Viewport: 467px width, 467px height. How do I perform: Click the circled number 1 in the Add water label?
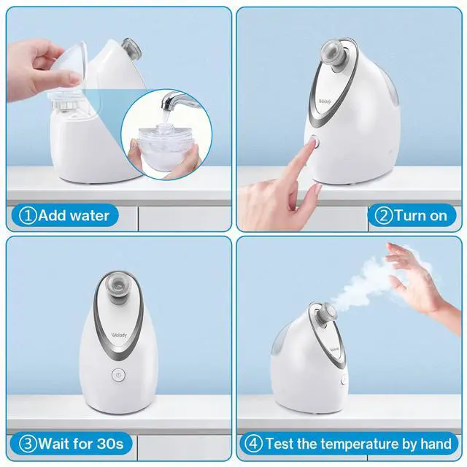point(28,215)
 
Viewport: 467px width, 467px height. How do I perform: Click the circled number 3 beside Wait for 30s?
point(28,444)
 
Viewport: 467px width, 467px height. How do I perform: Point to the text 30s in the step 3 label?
point(110,444)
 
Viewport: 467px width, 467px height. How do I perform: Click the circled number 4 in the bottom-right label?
point(253,444)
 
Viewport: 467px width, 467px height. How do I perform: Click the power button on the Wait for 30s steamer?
point(118,375)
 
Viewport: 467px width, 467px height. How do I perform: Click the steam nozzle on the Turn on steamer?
point(336,55)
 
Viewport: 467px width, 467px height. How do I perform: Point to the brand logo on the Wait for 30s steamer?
point(119,335)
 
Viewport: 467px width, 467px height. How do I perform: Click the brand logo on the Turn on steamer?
point(325,101)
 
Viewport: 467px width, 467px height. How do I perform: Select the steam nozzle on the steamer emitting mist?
point(326,313)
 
